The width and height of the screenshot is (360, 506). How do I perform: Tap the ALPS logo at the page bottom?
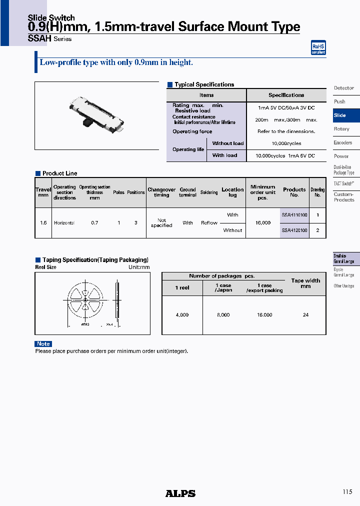coord(180,493)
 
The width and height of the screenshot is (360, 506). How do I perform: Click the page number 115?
coord(347,492)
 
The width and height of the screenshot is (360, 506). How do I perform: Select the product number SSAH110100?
coord(294,214)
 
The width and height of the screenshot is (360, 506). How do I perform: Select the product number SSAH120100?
coord(294,230)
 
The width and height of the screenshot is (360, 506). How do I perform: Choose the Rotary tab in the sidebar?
coord(342,129)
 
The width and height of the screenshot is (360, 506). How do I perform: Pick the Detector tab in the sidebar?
coord(344,88)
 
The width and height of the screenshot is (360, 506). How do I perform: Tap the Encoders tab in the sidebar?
coord(343,142)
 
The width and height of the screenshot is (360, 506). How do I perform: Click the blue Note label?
coord(43,343)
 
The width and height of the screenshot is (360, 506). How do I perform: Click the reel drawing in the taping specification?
coord(93,304)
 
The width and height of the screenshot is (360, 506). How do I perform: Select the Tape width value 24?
coord(305,315)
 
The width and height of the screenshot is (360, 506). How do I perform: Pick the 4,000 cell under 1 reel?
coord(182,315)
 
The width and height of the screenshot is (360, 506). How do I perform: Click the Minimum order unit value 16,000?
coord(263,222)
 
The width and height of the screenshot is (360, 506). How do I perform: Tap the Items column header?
coord(206,95)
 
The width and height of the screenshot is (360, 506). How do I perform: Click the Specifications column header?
coord(286,95)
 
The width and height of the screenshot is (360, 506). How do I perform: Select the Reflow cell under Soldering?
coord(209,223)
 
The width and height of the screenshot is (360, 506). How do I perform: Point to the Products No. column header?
coord(294,192)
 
